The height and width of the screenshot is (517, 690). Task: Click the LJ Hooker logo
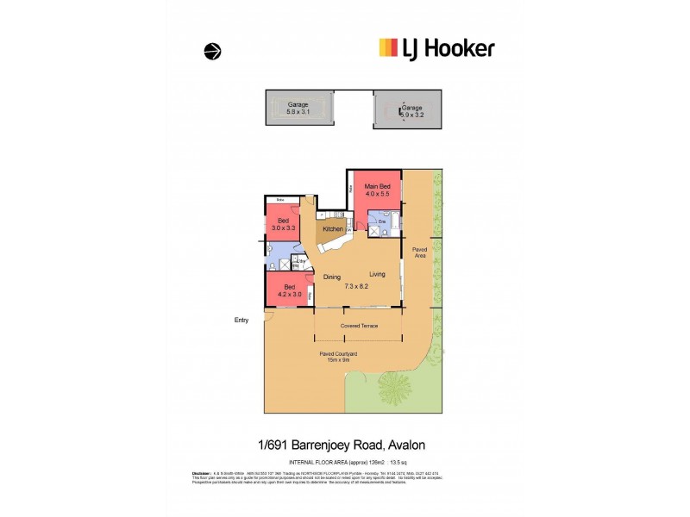(436, 48)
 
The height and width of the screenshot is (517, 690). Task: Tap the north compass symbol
(212, 52)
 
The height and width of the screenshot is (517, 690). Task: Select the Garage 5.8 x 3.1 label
(298, 109)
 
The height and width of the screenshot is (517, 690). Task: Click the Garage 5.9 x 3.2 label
(399, 109)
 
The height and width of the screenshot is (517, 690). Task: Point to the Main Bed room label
(377, 190)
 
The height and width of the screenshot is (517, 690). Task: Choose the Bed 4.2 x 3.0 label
(290, 290)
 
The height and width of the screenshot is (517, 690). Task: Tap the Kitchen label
(332, 229)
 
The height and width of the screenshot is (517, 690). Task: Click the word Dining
(332, 277)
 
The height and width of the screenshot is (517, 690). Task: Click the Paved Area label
(419, 252)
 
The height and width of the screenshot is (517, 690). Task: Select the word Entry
(241, 321)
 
